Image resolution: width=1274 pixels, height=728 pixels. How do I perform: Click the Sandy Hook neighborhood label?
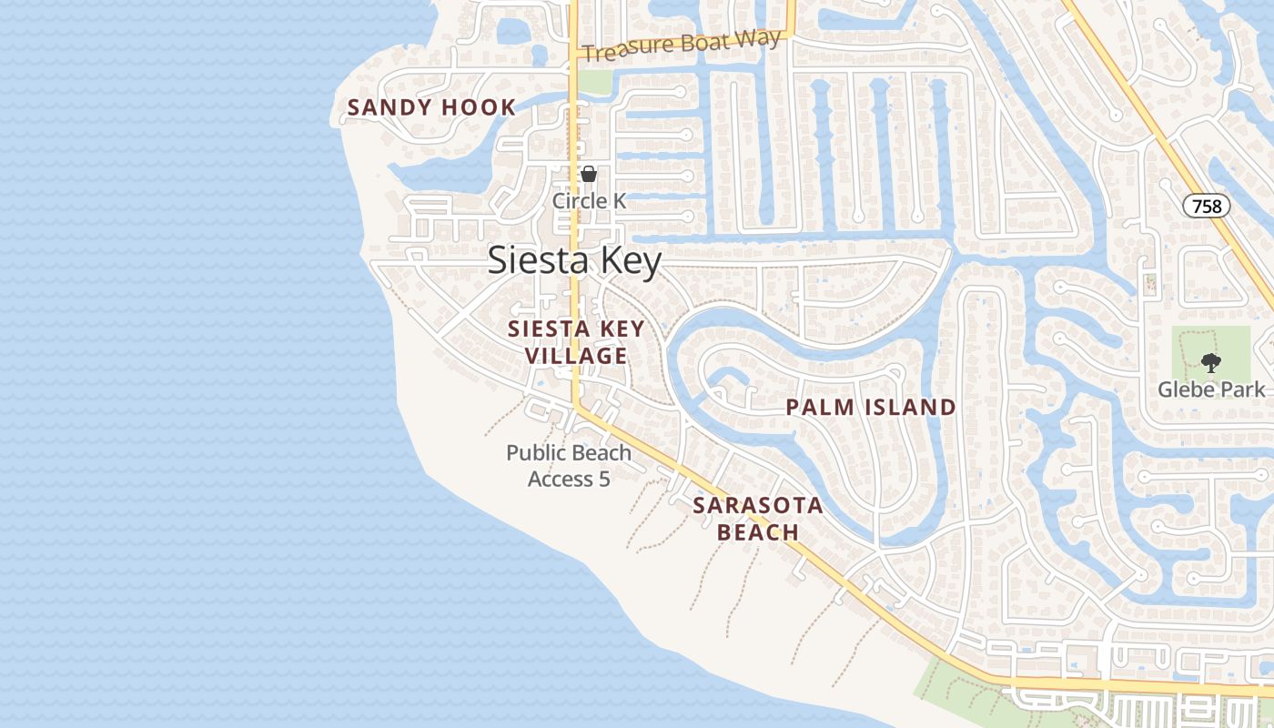coord(431,107)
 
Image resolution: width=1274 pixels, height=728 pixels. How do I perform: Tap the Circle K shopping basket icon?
coord(589,174)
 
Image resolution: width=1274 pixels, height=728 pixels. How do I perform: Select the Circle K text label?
coord(589,200)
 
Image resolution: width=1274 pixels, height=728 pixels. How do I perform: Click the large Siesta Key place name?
coord(574,261)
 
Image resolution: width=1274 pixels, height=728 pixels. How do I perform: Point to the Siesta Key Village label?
coord(576,342)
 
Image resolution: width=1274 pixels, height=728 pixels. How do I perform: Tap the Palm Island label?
coord(871,408)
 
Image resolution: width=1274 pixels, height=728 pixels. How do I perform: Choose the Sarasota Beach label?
coord(757,519)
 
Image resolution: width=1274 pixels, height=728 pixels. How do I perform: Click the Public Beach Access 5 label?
coord(569,465)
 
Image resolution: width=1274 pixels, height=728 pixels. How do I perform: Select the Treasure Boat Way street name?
coord(682,45)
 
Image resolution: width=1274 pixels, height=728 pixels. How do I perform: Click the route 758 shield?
coord(1207,206)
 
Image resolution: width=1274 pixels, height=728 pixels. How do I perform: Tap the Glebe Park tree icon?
coord(1210,363)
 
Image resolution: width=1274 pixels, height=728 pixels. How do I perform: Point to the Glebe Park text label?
coord(1210,389)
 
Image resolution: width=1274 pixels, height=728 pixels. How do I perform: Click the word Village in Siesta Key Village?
coord(576,356)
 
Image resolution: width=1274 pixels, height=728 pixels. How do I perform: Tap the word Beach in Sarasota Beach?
coord(757,532)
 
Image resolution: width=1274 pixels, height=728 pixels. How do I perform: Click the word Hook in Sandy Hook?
coord(479,107)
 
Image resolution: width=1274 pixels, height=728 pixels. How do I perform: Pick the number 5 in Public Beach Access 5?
coord(603,479)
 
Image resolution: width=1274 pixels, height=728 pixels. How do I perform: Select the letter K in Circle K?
coord(618,200)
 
